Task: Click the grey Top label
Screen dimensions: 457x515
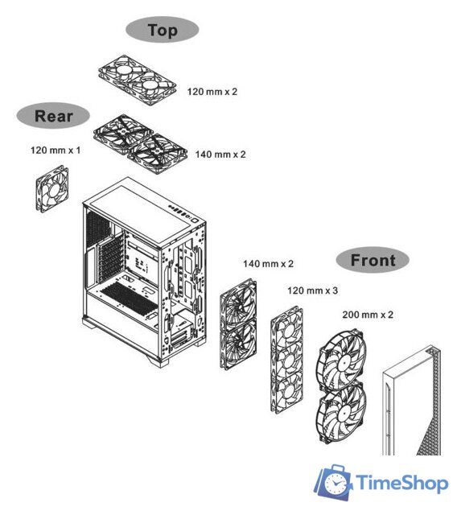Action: click(x=163, y=30)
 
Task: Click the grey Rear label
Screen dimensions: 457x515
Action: click(x=53, y=116)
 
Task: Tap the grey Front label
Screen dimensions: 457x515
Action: click(x=373, y=260)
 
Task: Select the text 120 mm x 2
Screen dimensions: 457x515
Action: click(x=212, y=91)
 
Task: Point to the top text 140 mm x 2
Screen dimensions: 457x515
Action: click(x=220, y=154)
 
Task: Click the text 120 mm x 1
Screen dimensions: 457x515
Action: click(x=56, y=150)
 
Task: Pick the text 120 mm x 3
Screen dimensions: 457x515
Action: click(x=312, y=290)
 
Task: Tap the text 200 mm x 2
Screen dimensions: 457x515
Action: click(x=368, y=315)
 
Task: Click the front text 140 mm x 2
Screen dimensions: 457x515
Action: click(x=268, y=263)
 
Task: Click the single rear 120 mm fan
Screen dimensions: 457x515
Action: click(x=52, y=189)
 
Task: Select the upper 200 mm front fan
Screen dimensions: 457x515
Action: click(x=341, y=360)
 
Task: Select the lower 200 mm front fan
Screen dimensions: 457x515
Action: click(x=341, y=414)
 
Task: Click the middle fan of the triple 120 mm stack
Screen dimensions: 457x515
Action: click(x=287, y=360)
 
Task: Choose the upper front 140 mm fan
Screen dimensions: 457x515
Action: click(x=238, y=303)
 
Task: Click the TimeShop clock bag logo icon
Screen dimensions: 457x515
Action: click(x=333, y=482)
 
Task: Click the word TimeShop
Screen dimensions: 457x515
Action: click(x=401, y=483)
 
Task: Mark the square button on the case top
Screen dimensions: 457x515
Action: click(x=196, y=220)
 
